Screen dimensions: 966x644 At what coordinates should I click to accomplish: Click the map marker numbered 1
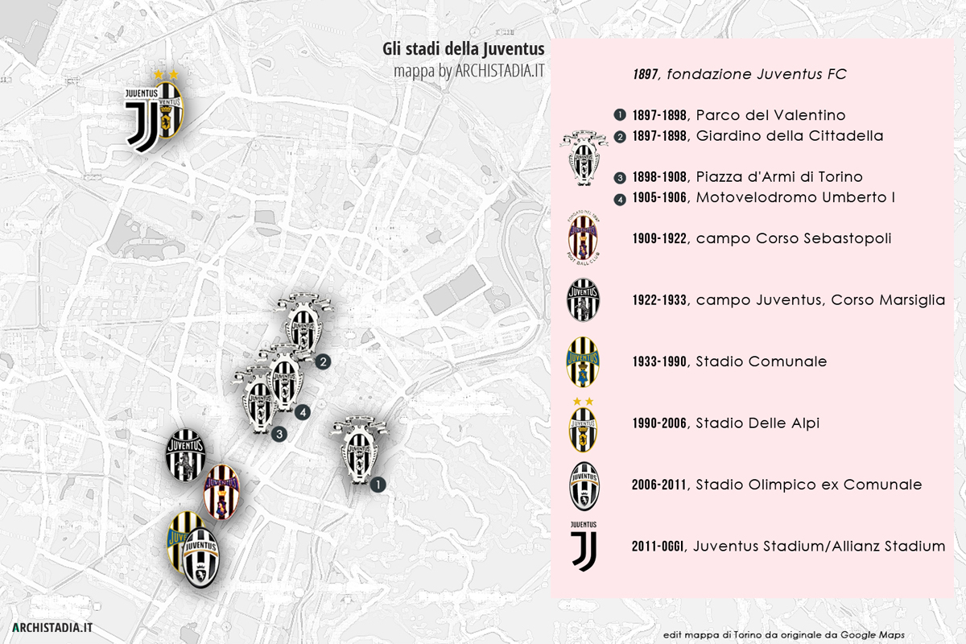click(x=378, y=485)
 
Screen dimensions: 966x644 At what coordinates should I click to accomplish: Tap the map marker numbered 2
click(x=323, y=362)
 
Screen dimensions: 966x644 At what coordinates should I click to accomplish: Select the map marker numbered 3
click(x=279, y=435)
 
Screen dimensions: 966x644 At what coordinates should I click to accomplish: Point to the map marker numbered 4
click(x=302, y=412)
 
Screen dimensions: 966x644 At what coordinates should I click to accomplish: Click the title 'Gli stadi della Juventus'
click(x=464, y=51)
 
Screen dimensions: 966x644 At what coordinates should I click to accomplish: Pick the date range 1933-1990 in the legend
click(x=660, y=362)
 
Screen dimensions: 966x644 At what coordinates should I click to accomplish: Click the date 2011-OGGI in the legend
click(x=658, y=547)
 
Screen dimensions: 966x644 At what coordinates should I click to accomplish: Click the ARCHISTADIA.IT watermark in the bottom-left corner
click(x=52, y=626)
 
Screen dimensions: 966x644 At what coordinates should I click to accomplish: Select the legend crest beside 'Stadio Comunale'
click(x=583, y=362)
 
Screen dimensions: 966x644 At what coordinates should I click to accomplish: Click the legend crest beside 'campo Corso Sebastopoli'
click(x=583, y=238)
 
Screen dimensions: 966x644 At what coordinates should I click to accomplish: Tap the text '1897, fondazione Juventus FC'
click(x=739, y=74)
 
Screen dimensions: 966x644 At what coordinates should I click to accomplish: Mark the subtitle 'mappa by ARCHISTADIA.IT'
click(x=469, y=70)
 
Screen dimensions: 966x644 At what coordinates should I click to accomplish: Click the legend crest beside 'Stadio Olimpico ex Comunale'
click(x=584, y=486)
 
